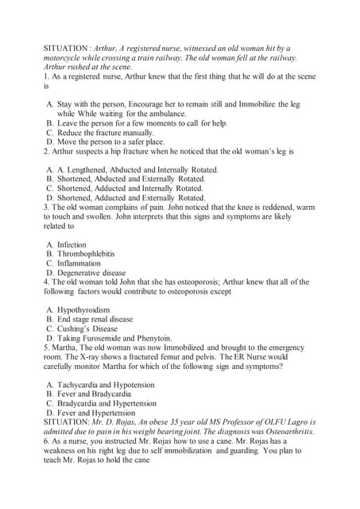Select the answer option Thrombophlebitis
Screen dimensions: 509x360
pyautogui.click(x=86, y=254)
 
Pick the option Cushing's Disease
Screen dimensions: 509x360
pyautogui.click(x=87, y=328)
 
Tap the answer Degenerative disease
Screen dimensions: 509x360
pyautogui.click(x=91, y=273)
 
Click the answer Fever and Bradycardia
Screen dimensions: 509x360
pyautogui.click(x=94, y=394)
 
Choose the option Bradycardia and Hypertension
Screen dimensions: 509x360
pyautogui.click(x=106, y=403)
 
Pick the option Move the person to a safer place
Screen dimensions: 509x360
pyautogui.click(x=110, y=142)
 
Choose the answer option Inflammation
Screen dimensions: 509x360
pyautogui.click(x=79, y=263)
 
